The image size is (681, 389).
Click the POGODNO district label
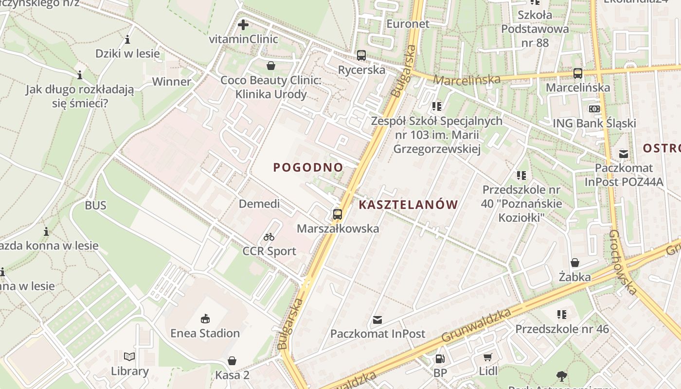coord(308,167)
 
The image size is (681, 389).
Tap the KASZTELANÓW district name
coord(408,205)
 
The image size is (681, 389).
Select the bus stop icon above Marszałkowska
coord(337,214)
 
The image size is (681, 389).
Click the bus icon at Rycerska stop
coord(361,55)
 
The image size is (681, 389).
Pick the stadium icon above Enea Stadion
coord(205,319)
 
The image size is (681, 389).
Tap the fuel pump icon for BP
coord(440,359)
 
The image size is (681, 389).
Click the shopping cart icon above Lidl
coord(488,357)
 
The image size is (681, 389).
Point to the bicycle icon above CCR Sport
coord(269,237)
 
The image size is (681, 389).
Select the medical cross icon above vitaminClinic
coord(243,24)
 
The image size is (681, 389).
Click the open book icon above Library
coord(129,357)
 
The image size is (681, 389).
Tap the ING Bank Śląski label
coord(594,123)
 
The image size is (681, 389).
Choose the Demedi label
coord(259,204)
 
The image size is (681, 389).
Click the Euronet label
coord(408,24)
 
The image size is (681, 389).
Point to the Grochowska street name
coord(623,263)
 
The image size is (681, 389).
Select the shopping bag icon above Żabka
coord(574,263)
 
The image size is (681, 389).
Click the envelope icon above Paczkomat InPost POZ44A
coord(623,154)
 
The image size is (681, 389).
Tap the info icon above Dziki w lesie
coord(127,39)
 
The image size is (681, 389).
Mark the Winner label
coord(172,81)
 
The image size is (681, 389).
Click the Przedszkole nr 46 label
coord(562,329)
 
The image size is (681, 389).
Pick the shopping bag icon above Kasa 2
coord(232,361)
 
